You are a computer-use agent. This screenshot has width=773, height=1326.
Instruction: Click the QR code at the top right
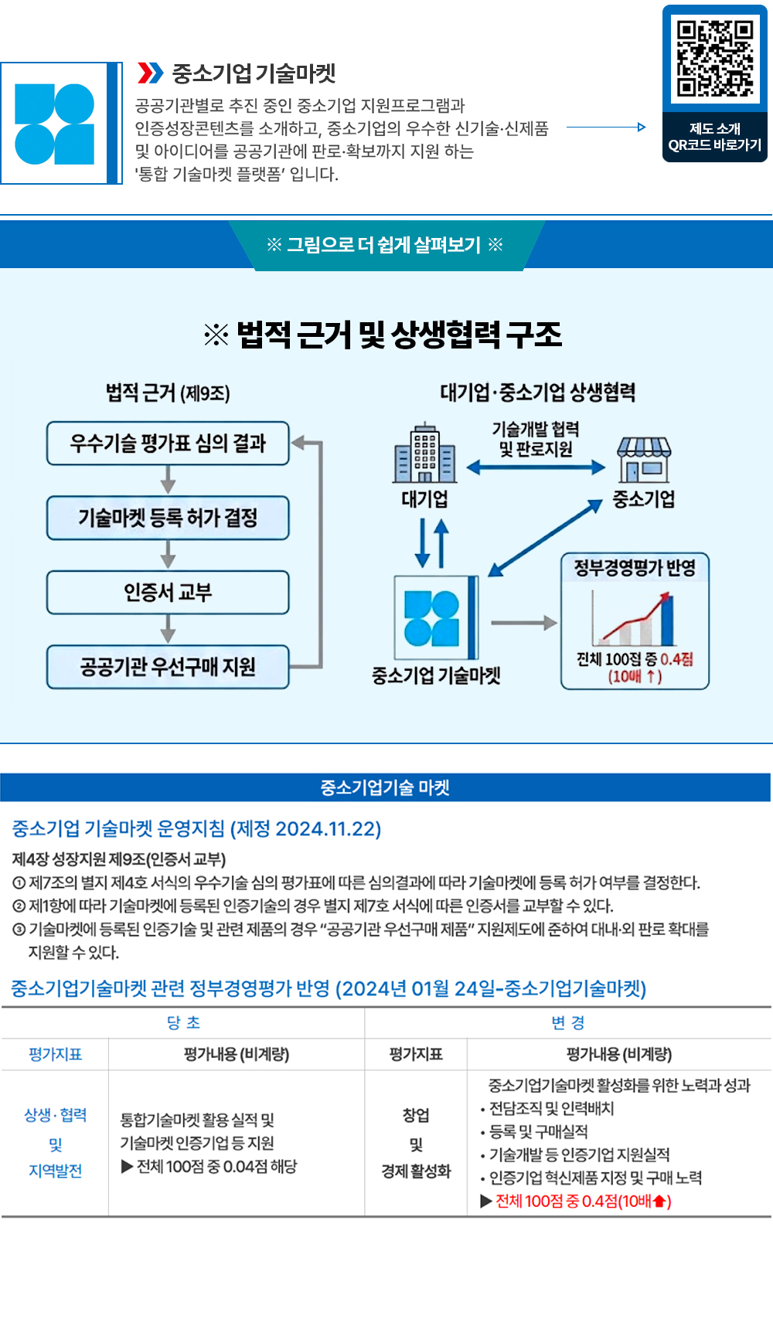tap(715, 59)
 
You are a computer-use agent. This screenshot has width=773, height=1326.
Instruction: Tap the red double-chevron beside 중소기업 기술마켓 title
tap(150, 73)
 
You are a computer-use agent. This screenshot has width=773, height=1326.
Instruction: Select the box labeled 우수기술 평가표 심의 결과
tap(168, 443)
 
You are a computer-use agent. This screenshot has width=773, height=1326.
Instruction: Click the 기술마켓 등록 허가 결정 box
tap(168, 518)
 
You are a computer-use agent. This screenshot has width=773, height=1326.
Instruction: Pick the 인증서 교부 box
tap(168, 593)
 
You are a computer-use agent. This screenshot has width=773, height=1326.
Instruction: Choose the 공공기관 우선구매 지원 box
tap(168, 667)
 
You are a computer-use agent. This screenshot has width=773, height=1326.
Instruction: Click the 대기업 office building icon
tap(424, 454)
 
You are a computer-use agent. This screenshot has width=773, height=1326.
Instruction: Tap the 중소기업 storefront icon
tap(643, 459)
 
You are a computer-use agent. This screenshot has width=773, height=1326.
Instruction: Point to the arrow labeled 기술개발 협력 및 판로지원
tap(536, 467)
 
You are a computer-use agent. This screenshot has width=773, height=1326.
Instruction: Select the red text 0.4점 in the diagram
tap(676, 659)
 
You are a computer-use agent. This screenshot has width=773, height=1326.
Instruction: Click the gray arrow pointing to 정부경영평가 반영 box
tap(523, 623)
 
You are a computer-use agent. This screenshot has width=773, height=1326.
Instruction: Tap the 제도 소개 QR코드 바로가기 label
tap(715, 137)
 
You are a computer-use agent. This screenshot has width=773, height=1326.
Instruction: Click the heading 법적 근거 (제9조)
tap(168, 393)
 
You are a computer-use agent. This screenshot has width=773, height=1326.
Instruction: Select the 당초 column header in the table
tap(183, 1023)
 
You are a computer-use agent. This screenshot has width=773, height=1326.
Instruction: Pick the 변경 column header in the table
tap(568, 1023)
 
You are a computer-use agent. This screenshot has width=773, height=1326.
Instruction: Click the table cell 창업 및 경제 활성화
tap(416, 1143)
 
